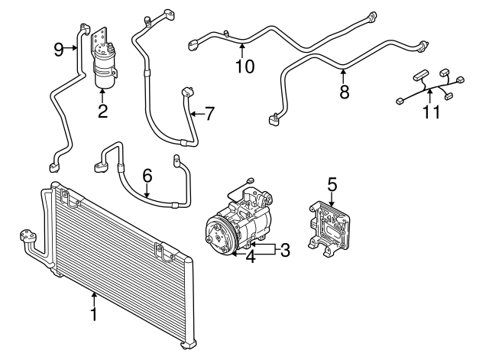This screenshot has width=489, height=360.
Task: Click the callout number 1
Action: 93,314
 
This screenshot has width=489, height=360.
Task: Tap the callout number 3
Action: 285,249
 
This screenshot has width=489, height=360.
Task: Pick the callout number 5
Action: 332,184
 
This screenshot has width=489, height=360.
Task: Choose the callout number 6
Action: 147,176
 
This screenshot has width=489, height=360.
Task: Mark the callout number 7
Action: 209,114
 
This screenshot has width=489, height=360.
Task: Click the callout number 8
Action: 343,91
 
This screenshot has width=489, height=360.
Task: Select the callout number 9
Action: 58,50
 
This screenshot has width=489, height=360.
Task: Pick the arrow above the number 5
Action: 332,200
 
